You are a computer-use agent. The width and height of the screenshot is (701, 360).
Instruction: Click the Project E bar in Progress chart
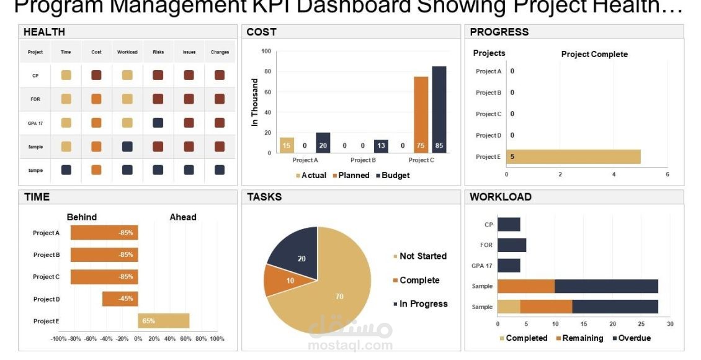coord(573,156)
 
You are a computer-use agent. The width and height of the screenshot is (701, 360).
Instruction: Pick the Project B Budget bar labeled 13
coord(381,146)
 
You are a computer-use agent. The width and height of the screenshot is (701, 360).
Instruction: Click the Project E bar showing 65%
coord(163,321)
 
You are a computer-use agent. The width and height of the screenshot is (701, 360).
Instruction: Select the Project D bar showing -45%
coord(120,299)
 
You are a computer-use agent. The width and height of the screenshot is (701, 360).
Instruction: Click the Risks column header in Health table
coord(158,52)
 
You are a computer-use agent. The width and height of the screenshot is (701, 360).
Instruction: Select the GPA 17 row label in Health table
coord(35,124)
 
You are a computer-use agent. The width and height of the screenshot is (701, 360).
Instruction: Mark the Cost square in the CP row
coord(96,75)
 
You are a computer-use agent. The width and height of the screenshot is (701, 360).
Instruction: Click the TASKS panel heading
coord(264,197)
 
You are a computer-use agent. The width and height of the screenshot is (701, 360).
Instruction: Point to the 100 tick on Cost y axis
coord(266,51)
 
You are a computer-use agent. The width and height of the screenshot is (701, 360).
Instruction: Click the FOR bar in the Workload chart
coord(511,245)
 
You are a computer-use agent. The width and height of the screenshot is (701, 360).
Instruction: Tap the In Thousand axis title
coord(254,102)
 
